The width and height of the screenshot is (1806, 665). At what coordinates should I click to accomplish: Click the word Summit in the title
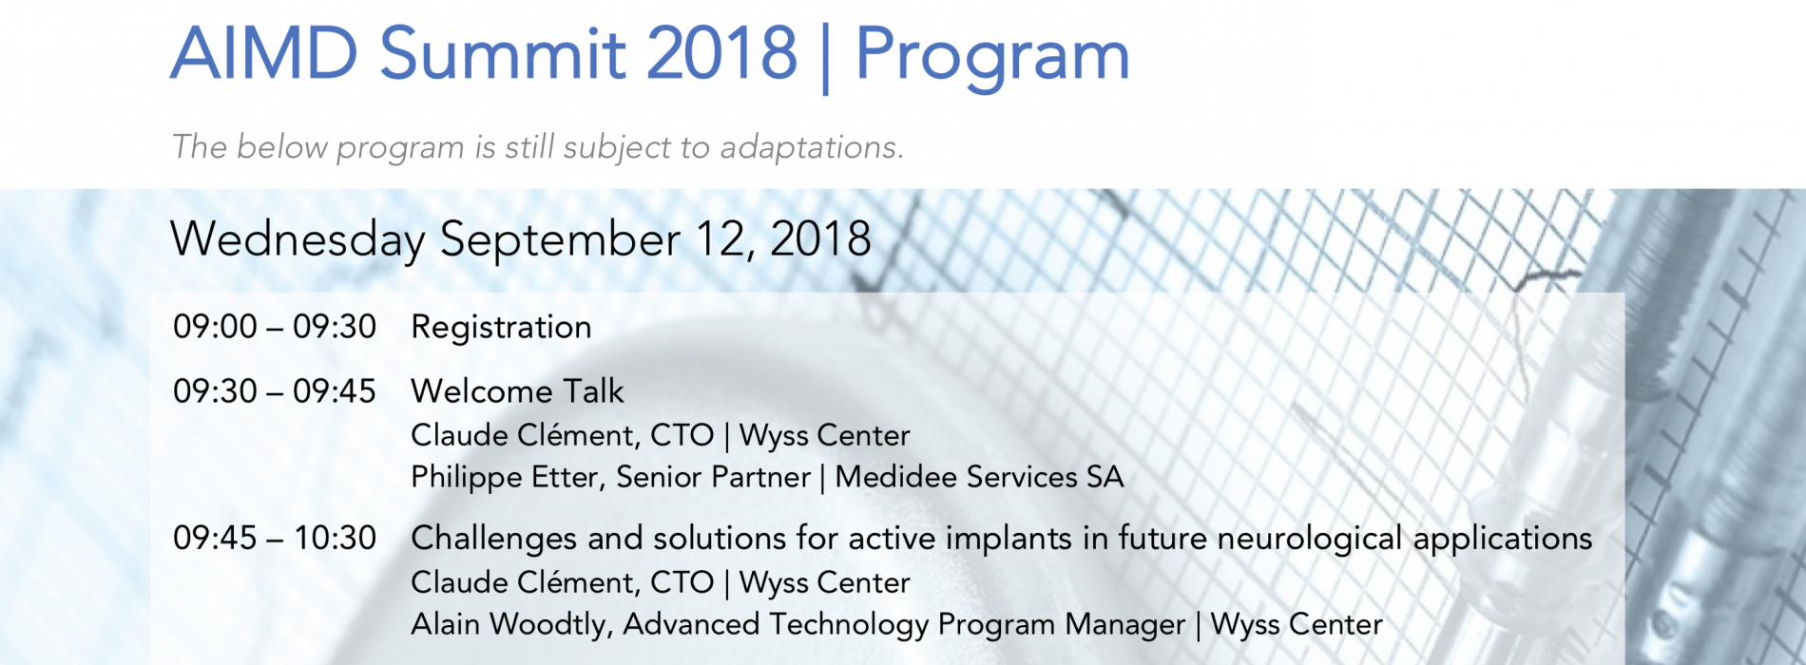click(x=502, y=53)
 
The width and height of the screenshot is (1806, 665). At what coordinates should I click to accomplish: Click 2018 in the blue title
click(x=721, y=53)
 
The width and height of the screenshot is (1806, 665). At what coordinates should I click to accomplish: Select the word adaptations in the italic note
click(x=811, y=147)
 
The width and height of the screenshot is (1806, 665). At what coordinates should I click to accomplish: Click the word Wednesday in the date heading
click(x=298, y=239)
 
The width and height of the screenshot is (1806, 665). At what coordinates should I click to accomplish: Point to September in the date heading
click(x=560, y=239)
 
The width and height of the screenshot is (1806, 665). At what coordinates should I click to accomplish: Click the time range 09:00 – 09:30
click(x=275, y=327)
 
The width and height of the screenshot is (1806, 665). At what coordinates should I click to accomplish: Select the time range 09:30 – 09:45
click(x=275, y=391)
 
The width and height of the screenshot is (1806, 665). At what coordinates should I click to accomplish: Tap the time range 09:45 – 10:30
click(x=275, y=539)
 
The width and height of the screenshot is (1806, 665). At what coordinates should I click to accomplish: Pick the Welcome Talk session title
click(x=517, y=391)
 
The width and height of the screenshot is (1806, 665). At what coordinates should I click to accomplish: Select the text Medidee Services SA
click(x=979, y=477)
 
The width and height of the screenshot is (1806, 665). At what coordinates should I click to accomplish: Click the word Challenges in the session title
click(x=493, y=540)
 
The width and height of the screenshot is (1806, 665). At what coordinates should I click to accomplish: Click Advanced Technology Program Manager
click(x=904, y=625)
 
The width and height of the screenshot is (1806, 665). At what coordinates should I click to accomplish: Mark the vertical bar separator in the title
click(x=825, y=57)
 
